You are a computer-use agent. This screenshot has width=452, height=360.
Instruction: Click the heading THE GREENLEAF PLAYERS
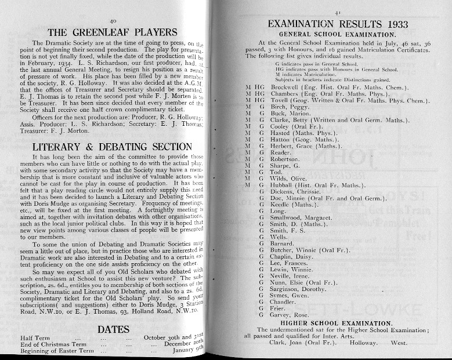click(x=108, y=32)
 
